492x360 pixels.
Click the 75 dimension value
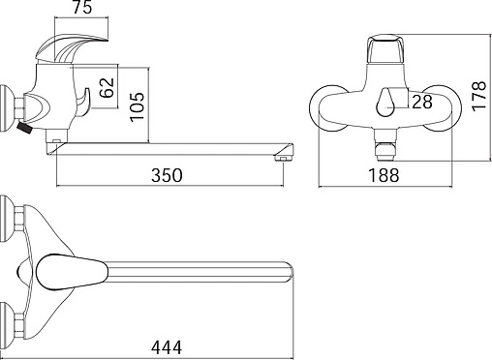coord(82,7)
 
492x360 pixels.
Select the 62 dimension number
coord(107,87)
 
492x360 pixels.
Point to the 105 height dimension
coord(137,106)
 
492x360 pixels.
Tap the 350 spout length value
coord(167,175)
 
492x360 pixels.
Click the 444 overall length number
coord(167,347)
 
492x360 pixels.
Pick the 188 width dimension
coord(384,175)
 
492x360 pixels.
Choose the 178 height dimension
coord(479,96)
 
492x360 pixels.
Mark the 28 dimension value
coord(422,102)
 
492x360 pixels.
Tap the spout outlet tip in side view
coord(284,159)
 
